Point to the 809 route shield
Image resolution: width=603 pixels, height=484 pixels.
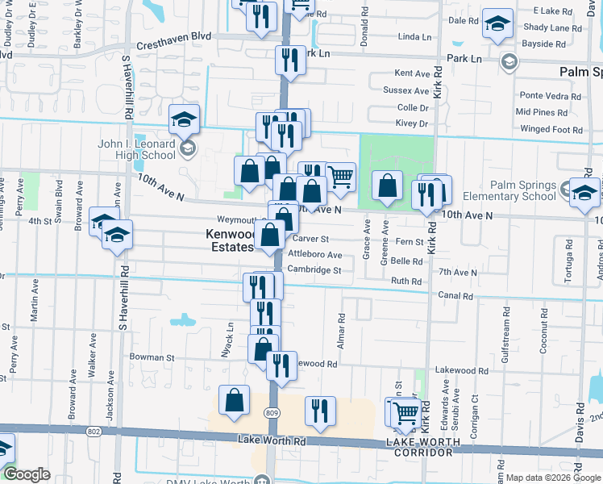click(x=273, y=412)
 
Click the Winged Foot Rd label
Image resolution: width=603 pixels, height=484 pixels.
click(x=551, y=129)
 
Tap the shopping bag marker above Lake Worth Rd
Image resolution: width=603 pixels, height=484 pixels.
click(x=234, y=401)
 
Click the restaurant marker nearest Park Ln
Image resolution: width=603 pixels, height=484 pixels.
click(x=289, y=60)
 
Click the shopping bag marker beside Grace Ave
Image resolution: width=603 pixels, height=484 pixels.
click(x=388, y=186)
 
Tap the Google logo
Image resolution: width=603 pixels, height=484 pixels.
click(x=26, y=474)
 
